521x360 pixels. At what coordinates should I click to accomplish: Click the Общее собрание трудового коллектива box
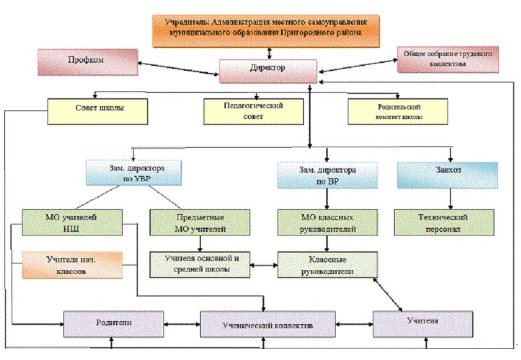[x=447, y=59]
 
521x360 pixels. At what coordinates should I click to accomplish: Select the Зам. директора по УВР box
[x=134, y=172]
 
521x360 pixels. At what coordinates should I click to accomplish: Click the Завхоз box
[x=447, y=174]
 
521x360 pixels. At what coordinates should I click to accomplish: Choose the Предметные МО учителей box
[x=200, y=222]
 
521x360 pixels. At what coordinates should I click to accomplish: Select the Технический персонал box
[x=445, y=222]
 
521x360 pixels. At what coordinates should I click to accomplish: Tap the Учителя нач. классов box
[x=71, y=264]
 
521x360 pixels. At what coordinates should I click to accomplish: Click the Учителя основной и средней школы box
[x=200, y=264]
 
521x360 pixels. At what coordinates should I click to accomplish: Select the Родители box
[x=115, y=323]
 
